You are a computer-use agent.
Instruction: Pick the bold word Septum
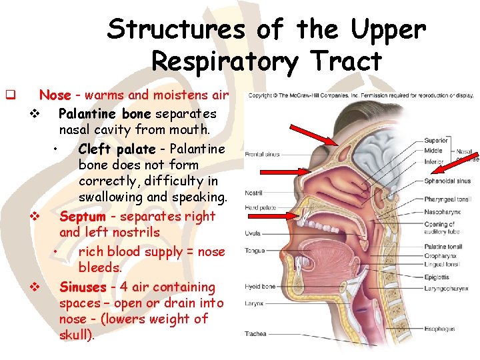83,216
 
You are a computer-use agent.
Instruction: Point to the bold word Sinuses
83,287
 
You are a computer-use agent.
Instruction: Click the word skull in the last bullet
75,334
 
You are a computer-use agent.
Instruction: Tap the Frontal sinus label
262,155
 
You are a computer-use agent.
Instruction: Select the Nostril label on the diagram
253,193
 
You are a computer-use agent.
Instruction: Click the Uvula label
253,233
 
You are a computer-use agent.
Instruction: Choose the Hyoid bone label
259,286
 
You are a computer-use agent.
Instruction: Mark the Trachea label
255,334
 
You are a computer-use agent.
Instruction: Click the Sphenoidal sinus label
447,181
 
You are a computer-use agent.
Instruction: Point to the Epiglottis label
437,277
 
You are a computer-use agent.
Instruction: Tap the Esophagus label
439,329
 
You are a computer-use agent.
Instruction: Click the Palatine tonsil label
441,247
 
